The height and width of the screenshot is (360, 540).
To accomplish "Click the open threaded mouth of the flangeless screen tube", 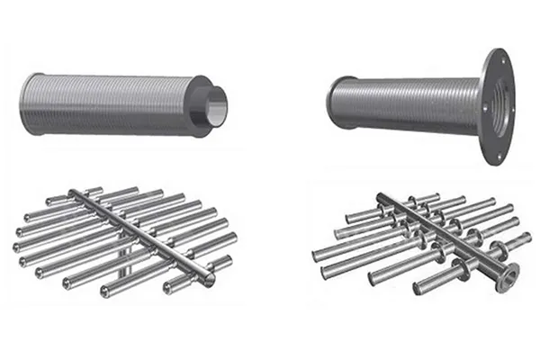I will click(217, 105).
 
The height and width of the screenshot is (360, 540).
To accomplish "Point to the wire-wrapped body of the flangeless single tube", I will click(108, 104).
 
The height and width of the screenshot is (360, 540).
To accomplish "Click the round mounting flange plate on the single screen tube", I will click(494, 106).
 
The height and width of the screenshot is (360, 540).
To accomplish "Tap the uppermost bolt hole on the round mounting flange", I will click(495, 59).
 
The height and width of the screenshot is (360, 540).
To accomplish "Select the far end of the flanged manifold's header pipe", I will click(381, 196).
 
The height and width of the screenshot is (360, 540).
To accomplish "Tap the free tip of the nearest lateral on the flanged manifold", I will click(418, 290).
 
